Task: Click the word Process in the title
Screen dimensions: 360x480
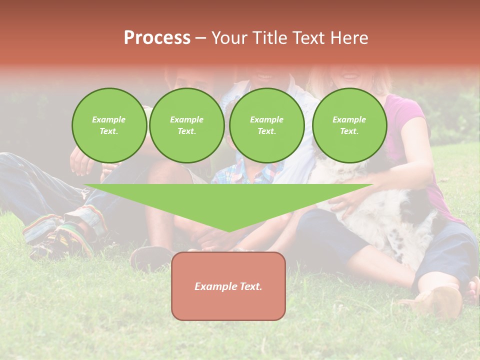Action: coord(157,38)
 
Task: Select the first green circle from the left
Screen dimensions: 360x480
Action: coord(109,125)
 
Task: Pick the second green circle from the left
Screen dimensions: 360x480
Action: coord(187,125)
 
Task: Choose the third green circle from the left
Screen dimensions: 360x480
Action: coord(267,125)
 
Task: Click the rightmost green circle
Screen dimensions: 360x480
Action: coord(349,125)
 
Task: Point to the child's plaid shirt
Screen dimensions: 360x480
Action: coord(240,172)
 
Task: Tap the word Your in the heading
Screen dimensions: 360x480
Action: coord(230,38)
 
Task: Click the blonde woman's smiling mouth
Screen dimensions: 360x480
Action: coord(349,76)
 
